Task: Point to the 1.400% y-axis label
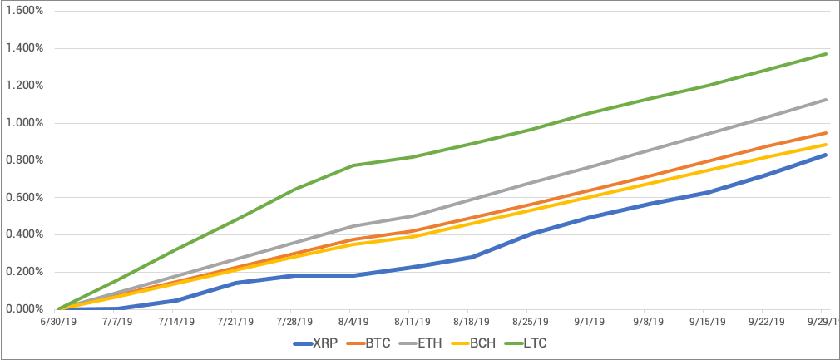23,48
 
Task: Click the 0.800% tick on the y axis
23,160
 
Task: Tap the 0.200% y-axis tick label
23,272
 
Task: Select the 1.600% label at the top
23,11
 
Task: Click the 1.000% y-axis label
23,123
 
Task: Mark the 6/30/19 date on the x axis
57,320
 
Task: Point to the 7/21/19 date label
236,320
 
